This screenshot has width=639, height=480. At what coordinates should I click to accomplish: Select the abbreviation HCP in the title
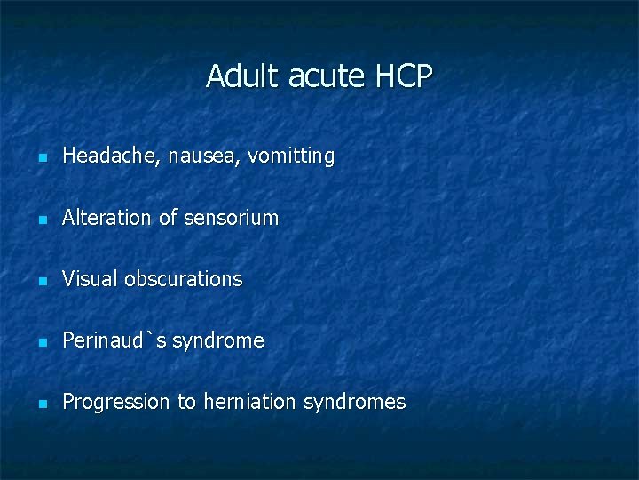pyautogui.click(x=404, y=76)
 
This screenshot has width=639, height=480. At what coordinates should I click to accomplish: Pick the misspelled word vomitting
pyautogui.click(x=291, y=156)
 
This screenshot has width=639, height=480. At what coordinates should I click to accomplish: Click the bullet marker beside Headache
pyautogui.click(x=41, y=158)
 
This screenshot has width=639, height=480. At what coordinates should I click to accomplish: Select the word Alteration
pyautogui.click(x=107, y=218)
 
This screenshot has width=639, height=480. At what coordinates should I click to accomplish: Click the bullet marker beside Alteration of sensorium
pyautogui.click(x=41, y=220)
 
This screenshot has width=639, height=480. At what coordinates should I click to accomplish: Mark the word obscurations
pyautogui.click(x=183, y=279)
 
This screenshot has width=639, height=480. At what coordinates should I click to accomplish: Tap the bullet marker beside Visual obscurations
pyautogui.click(x=41, y=281)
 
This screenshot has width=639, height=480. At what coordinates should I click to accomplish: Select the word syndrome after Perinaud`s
pyautogui.click(x=217, y=341)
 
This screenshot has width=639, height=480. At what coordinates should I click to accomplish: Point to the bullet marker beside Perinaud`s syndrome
pyautogui.click(x=41, y=342)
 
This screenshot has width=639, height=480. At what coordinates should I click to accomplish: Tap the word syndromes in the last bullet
pyautogui.click(x=354, y=403)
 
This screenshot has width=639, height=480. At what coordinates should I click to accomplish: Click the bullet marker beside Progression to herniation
pyautogui.click(x=41, y=404)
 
